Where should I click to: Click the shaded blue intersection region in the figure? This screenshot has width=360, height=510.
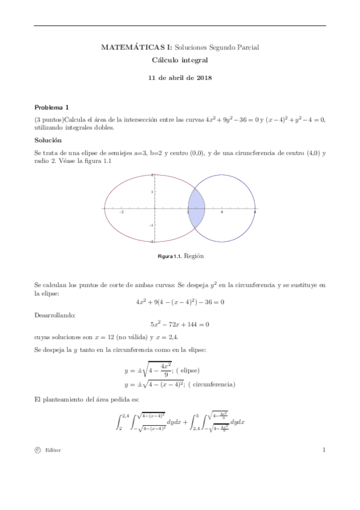tap(197, 207)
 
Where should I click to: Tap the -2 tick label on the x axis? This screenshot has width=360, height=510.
tap(121, 212)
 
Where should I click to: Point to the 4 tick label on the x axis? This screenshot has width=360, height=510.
tap(222, 212)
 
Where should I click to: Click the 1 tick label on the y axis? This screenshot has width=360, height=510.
tap(152, 191)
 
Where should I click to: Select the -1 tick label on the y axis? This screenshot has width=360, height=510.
tap(151, 224)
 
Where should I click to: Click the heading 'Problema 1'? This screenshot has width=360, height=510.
tap(52, 107)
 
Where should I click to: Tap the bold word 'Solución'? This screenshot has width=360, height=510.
tap(48, 140)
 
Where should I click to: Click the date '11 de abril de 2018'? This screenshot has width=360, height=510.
tap(180, 78)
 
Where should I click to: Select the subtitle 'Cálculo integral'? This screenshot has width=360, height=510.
tap(180, 61)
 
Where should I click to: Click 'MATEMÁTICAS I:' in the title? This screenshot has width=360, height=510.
tap(127, 47)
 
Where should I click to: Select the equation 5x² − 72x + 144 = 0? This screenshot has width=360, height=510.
tap(180, 325)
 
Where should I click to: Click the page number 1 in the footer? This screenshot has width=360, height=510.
tap(323, 449)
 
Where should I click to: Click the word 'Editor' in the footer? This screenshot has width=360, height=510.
tap(53, 450)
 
